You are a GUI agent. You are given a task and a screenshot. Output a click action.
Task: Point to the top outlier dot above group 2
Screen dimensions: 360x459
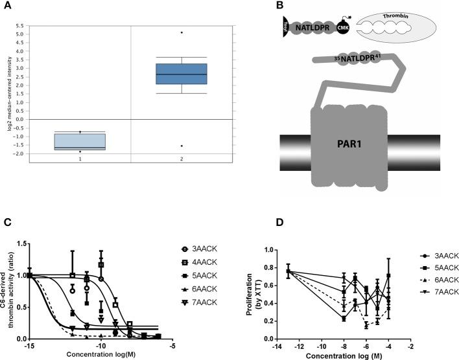[182, 32]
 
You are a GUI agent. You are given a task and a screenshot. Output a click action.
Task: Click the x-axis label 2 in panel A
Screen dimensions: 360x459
[182, 159]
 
